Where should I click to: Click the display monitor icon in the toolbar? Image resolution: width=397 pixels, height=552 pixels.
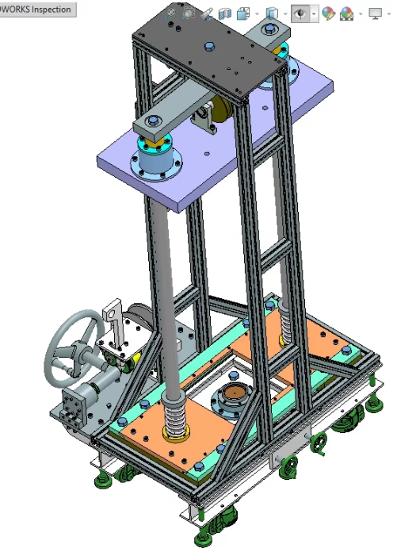pyautogui.click(x=375, y=13)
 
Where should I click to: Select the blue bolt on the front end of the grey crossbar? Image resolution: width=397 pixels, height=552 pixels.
pyautogui.click(x=155, y=120)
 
